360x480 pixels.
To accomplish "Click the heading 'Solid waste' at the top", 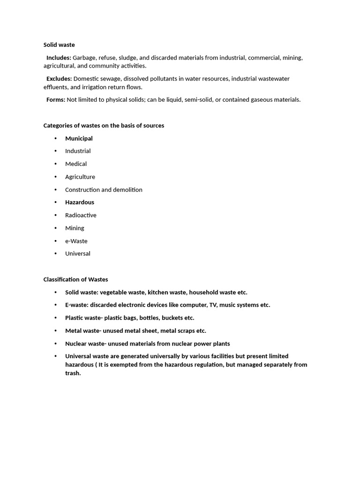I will click(x=59, y=45).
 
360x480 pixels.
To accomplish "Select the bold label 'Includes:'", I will click(x=59, y=58).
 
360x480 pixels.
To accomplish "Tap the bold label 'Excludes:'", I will click(x=59, y=79).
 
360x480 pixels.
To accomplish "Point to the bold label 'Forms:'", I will click(x=55, y=100).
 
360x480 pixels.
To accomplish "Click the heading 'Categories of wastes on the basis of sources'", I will click(x=104, y=126).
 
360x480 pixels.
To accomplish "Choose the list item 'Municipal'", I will click(x=79, y=138).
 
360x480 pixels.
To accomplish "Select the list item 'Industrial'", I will click(x=78, y=151).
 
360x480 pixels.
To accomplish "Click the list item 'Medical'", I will click(x=76, y=164).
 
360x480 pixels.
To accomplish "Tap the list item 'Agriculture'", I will click(x=80, y=177).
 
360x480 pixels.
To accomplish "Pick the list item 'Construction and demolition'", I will click(x=104, y=190).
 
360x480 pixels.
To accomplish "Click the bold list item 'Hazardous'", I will click(x=80, y=202).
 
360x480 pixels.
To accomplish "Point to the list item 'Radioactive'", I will click(x=81, y=215).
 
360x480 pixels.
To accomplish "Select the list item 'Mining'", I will click(x=75, y=228).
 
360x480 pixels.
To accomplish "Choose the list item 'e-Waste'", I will click(x=76, y=241).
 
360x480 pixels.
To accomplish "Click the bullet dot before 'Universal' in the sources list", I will click(x=55, y=254).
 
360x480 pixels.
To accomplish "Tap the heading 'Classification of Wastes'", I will click(x=75, y=279).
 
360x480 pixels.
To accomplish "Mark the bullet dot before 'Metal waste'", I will click(x=55, y=331).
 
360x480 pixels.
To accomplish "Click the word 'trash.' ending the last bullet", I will click(x=73, y=374).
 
